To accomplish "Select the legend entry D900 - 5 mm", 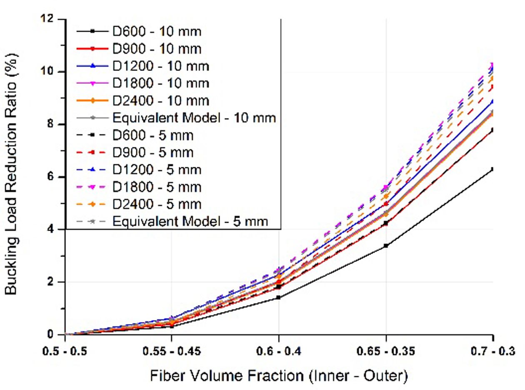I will (x=152, y=152).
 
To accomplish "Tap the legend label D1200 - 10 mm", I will (x=161, y=66).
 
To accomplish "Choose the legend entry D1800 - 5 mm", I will (x=157, y=187).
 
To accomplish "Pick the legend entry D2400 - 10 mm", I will (x=161, y=101).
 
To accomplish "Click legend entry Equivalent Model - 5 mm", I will (x=190, y=221).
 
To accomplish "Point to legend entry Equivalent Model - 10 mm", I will (x=194, y=118).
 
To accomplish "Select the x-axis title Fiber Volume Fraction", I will (x=279, y=376).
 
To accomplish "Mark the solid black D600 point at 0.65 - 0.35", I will (x=386, y=246).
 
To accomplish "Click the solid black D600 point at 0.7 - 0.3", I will (x=493, y=169).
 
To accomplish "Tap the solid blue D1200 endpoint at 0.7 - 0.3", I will (x=493, y=101).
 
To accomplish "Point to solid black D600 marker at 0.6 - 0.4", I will (x=279, y=297).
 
